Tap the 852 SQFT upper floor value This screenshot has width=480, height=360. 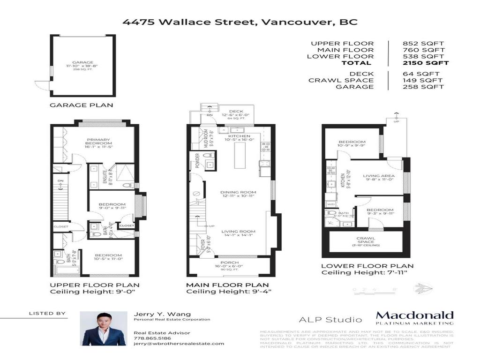click(423, 44)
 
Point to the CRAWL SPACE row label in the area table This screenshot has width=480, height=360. click(341, 80)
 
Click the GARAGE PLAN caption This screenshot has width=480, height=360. click(81, 105)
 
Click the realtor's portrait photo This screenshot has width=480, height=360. click(97, 329)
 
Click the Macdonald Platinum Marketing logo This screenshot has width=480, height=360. click(414, 318)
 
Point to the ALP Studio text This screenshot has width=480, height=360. click(330, 320)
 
